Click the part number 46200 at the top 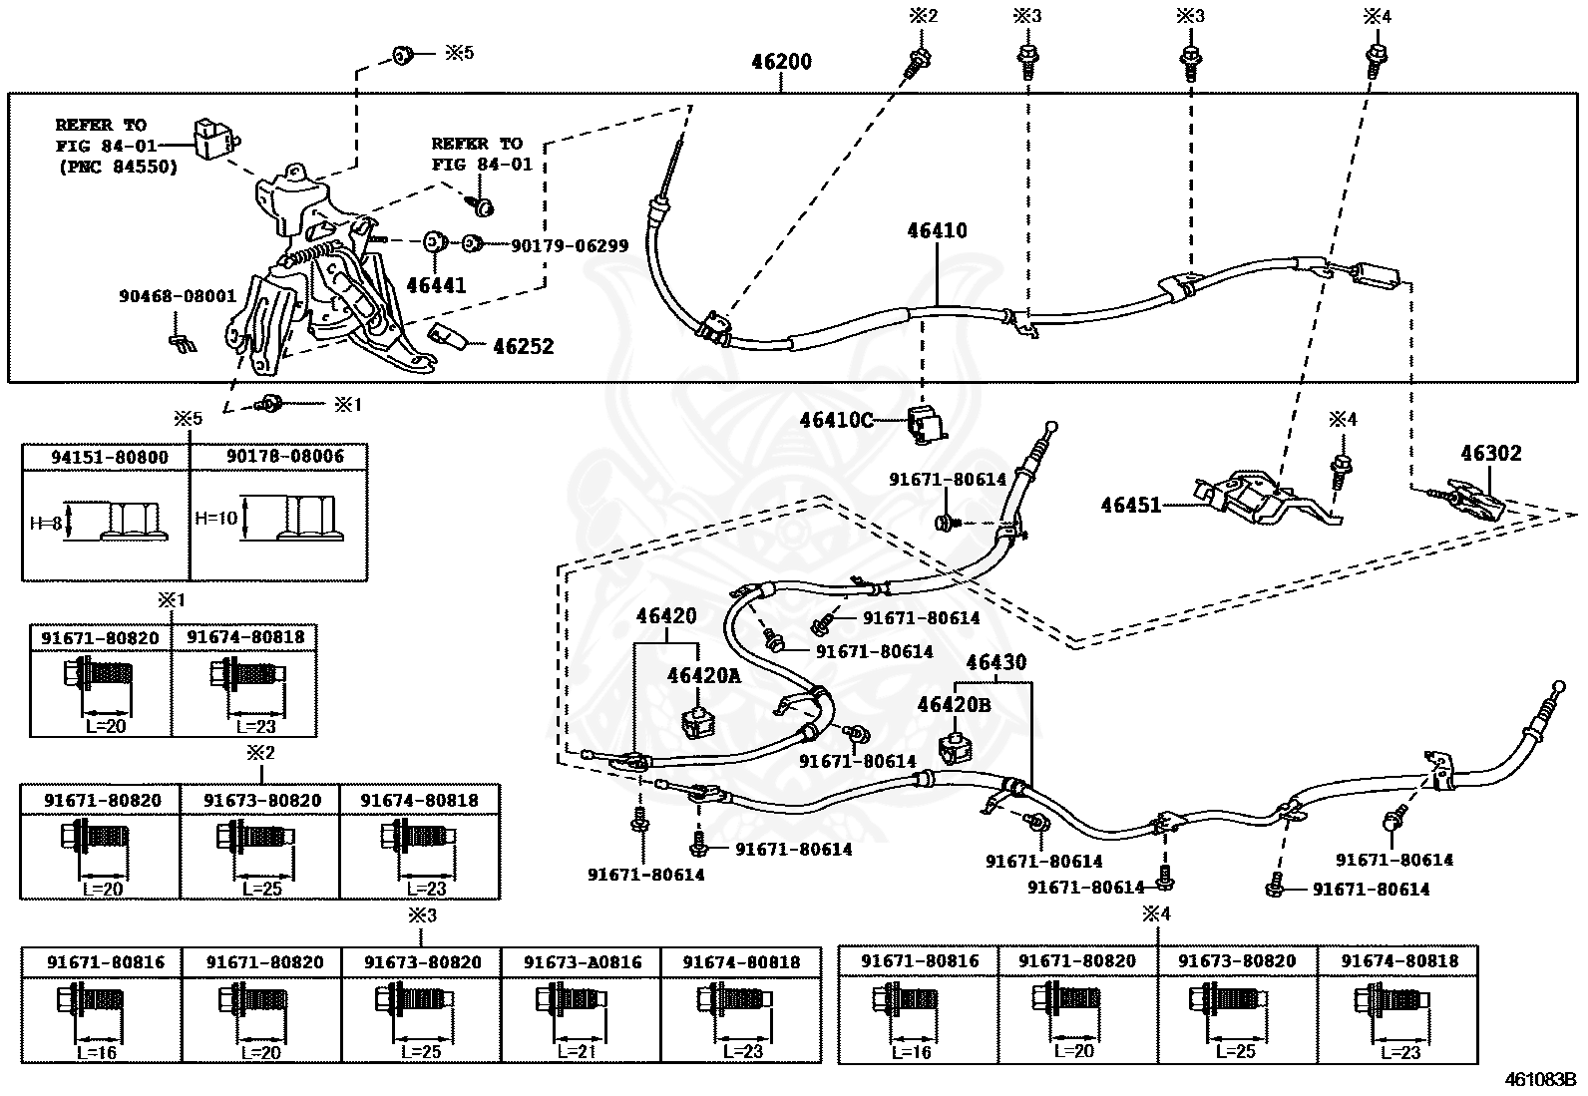tap(781, 62)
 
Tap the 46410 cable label tap(938, 230)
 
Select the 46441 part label tap(436, 285)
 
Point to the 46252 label tap(524, 346)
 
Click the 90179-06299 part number tap(570, 246)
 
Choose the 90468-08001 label tap(178, 295)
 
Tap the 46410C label tap(837, 420)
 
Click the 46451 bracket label tap(1131, 505)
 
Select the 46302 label tap(1491, 453)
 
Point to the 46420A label tap(704, 675)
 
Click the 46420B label tap(955, 705)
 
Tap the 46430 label tap(996, 662)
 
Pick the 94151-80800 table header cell tap(110, 458)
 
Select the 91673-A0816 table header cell tap(583, 962)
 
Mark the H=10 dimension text tap(216, 519)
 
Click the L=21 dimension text tap(577, 1051)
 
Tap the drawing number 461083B tap(1543, 1079)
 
